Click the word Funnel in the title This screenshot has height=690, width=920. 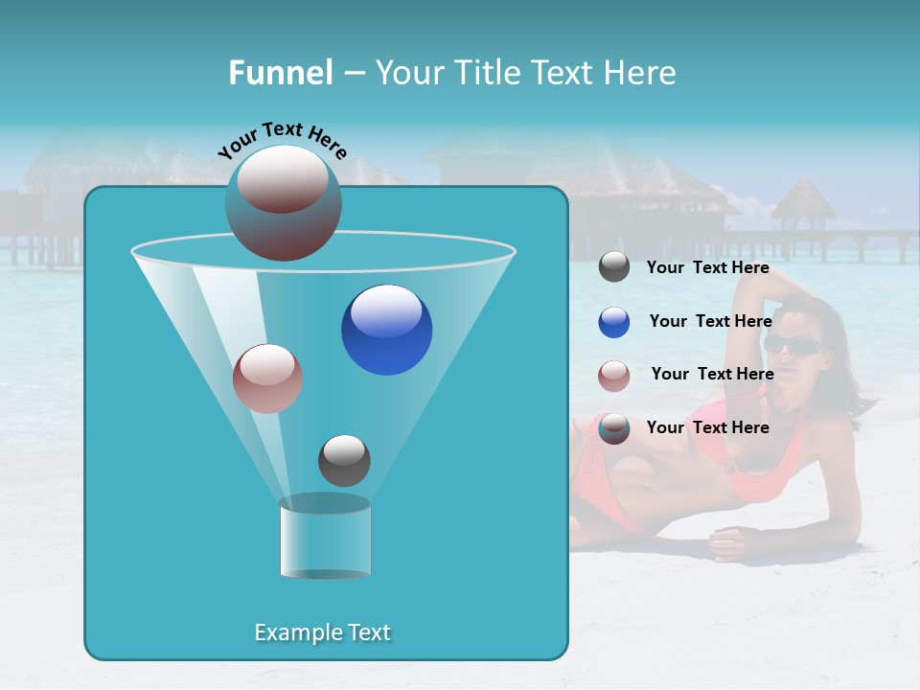point(280,73)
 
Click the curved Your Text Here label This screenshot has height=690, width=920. point(282,140)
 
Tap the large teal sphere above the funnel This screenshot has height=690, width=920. point(283,203)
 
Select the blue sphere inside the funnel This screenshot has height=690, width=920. point(386,330)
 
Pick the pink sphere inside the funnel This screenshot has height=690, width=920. point(267,379)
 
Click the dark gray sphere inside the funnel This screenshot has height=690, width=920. point(344,460)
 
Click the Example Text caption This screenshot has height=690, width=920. point(322,632)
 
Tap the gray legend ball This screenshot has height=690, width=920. point(614,267)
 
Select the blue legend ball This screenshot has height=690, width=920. point(614,322)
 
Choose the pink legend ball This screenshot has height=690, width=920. point(614,376)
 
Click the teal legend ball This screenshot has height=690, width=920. point(614,428)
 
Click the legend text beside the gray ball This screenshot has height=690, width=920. point(708,267)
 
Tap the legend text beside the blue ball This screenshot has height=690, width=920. point(710,321)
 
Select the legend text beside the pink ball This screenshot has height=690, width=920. point(712,374)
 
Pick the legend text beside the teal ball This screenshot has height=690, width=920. point(708,427)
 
